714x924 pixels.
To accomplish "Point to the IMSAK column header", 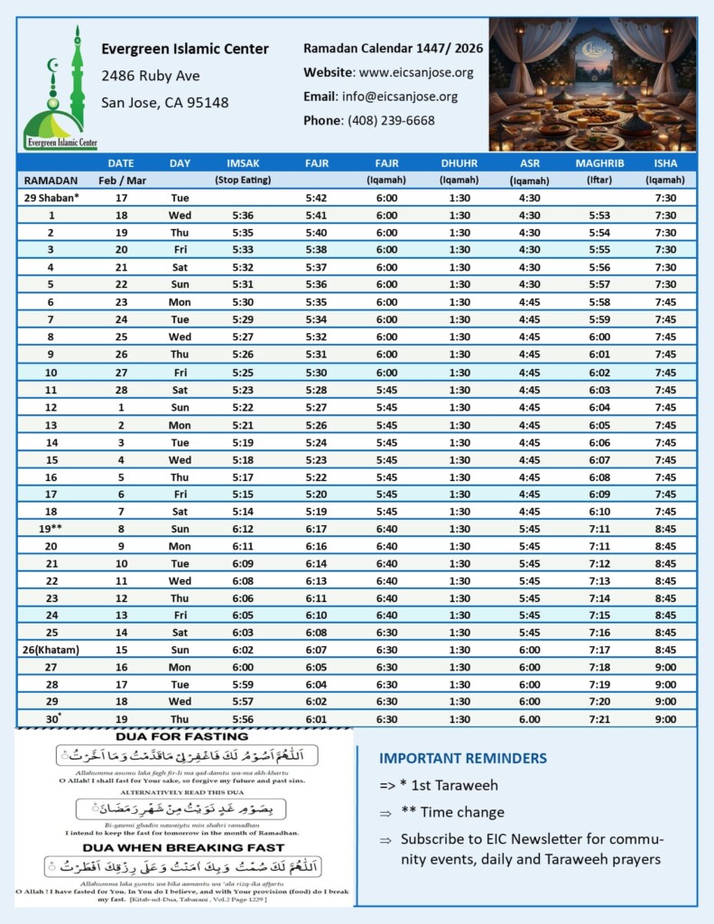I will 244,163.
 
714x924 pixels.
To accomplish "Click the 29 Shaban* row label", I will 51,198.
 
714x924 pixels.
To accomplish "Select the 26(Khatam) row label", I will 51,649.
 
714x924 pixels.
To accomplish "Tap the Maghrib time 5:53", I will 599,216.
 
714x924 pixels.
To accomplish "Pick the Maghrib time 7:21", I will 599,718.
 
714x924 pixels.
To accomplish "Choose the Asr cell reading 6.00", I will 530,718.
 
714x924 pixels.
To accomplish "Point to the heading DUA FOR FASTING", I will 183,736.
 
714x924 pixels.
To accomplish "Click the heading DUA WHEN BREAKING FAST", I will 183,847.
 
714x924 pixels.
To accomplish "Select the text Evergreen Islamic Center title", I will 185,50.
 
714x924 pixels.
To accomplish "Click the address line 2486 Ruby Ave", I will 151,76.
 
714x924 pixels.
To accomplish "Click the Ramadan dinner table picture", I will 591,84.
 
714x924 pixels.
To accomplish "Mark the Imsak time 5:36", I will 243,216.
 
